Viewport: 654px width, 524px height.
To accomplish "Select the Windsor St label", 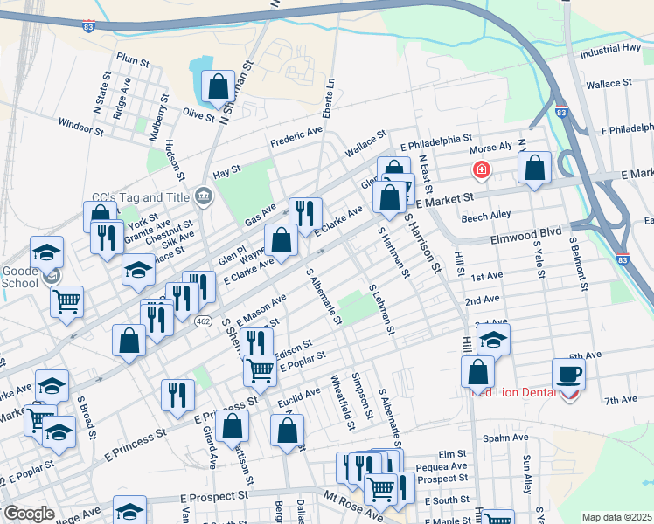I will pyautogui.click(x=81, y=128).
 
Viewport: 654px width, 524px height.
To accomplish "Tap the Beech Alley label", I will pyautogui.click(x=486, y=215).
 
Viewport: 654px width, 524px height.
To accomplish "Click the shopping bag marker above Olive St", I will pyautogui.click(x=218, y=86).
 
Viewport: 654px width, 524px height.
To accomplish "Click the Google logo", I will pyautogui.click(x=30, y=513).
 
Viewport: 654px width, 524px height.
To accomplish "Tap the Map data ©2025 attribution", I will pyautogui.click(x=616, y=517).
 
